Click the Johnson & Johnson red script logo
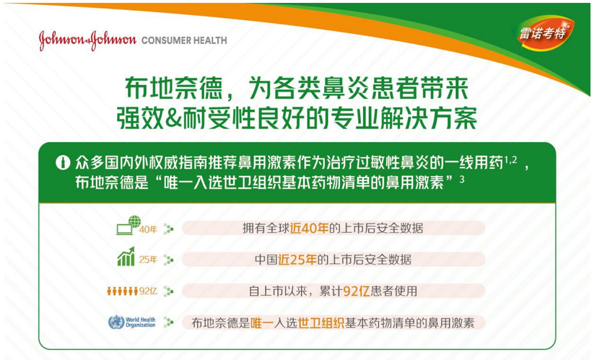[87, 40]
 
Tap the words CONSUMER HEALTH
[184, 40]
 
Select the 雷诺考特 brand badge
[544, 33]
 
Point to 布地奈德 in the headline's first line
[174, 88]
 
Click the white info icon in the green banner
[63, 162]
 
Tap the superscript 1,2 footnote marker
[511, 160]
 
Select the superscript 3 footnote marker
[462, 179]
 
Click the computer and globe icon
[128, 225]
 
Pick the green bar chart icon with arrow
[126, 256]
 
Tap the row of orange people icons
[122, 291]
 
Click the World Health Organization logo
[131, 322]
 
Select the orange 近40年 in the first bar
[309, 228]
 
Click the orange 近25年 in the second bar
[297, 260]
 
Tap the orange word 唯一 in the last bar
[262, 323]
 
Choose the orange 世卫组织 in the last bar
[321, 323]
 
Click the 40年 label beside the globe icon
[148, 229]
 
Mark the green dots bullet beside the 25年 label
[168, 260]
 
